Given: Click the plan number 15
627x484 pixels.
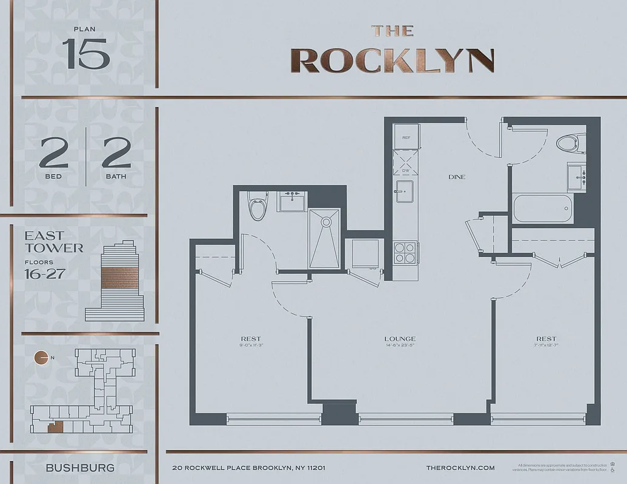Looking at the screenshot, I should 85,54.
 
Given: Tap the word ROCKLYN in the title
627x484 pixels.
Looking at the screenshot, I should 392,60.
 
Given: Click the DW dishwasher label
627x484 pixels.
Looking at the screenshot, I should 406,171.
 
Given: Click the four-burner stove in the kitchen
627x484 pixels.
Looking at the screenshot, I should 405,252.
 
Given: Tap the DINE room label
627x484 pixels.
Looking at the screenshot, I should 457,177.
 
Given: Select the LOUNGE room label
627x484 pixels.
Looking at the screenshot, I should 400,339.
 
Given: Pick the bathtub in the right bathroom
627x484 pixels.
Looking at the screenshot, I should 543,209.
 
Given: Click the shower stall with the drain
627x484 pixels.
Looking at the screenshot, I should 325,238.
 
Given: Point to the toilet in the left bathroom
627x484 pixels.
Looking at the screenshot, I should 257,208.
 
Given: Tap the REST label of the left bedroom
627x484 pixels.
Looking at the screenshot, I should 251,339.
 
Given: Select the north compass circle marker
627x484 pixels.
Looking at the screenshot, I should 41,358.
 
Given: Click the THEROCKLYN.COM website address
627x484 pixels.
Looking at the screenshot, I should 460,468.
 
